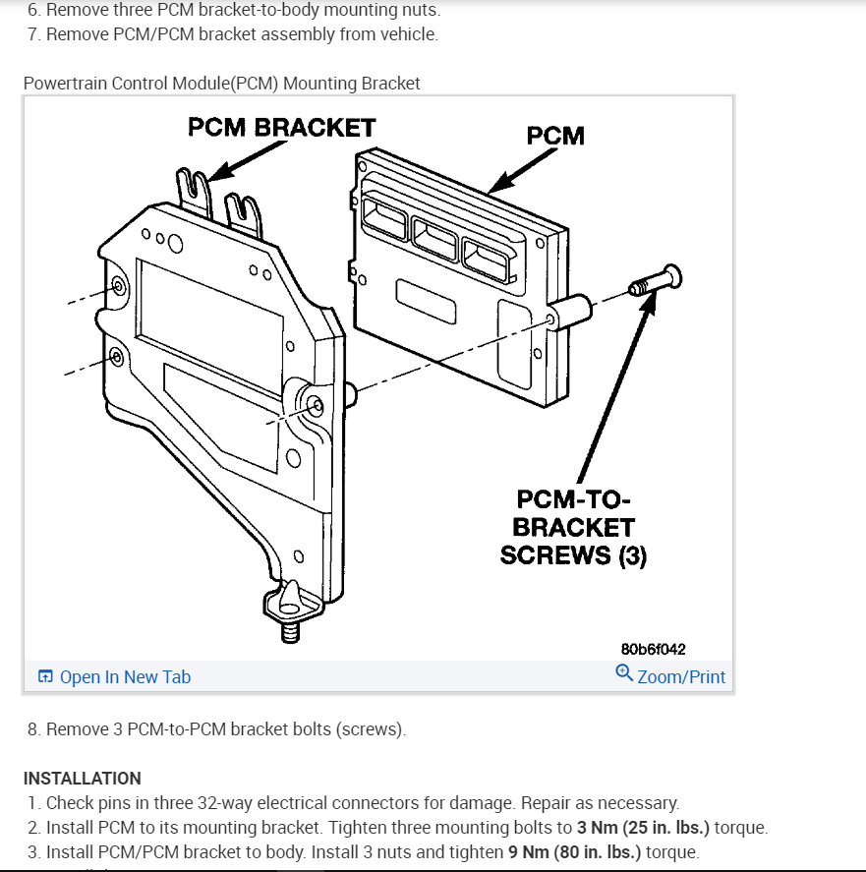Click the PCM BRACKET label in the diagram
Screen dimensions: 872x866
tap(281, 128)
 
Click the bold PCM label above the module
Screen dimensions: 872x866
tap(555, 135)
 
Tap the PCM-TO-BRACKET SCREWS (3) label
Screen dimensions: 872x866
tap(574, 528)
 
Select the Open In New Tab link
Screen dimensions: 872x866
tap(125, 676)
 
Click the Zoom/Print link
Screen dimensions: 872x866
tap(680, 676)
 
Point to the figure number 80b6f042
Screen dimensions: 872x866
tap(653, 649)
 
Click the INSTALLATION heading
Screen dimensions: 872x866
tap(82, 778)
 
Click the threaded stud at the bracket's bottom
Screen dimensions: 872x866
tap(290, 631)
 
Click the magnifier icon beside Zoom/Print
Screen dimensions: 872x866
tap(623, 673)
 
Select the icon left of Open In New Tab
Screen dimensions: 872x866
tap(44, 676)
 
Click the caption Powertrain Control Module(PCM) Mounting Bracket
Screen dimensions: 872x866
tap(221, 84)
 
